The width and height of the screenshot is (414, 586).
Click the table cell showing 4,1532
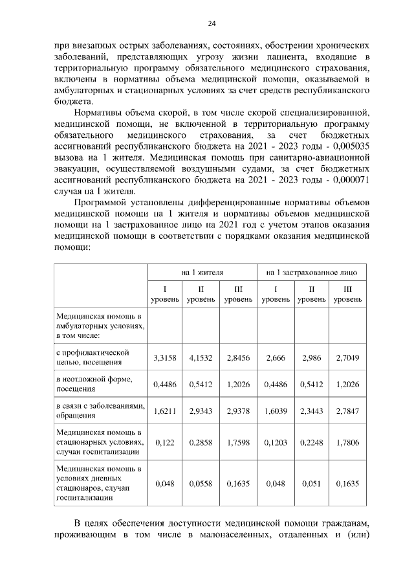[x=201, y=357]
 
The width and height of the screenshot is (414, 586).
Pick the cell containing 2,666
[x=276, y=357]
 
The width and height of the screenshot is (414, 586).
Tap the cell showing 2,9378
[x=238, y=411]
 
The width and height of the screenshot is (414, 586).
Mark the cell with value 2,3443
[x=312, y=411]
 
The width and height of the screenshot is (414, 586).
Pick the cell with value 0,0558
[x=201, y=483]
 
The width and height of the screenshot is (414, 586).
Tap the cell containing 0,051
[x=312, y=483]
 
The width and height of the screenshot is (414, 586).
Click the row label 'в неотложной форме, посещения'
[x=94, y=384]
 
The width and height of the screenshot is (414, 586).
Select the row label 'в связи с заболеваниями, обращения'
[x=101, y=411]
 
